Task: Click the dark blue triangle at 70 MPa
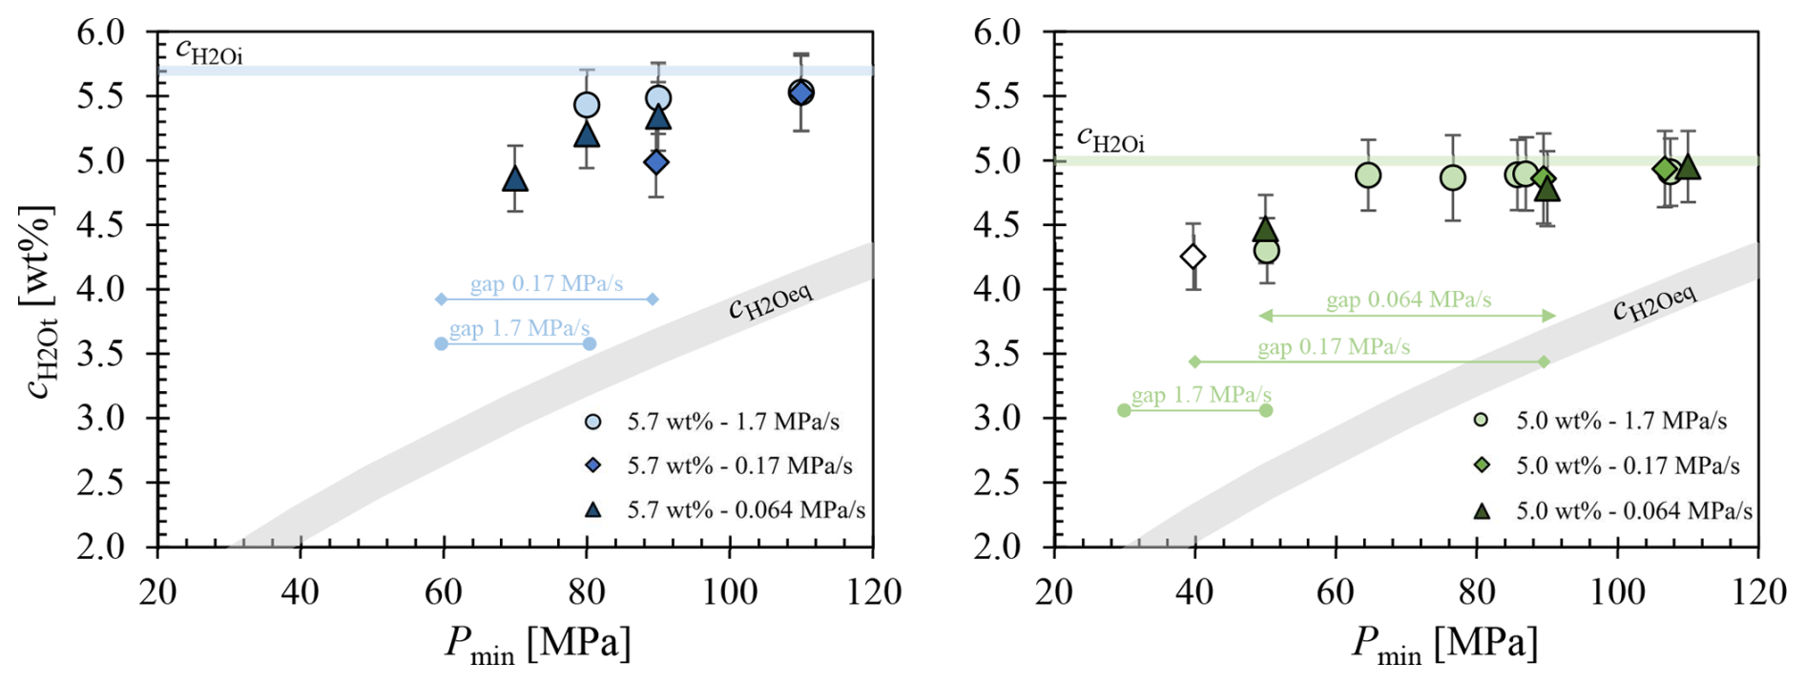(515, 178)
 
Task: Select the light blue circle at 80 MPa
(587, 105)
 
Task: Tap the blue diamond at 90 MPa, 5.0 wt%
(656, 162)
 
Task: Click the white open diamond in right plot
(1193, 257)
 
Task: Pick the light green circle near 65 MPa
(1368, 176)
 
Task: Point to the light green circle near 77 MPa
(1452, 177)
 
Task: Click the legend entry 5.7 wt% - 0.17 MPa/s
(720, 466)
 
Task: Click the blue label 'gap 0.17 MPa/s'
(547, 283)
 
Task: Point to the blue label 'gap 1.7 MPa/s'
(519, 328)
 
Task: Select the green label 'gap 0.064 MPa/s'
(1408, 300)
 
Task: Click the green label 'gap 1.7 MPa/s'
(1201, 395)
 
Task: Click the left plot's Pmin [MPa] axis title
(537, 645)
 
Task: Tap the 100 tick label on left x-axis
(730, 592)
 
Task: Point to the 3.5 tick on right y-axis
(997, 354)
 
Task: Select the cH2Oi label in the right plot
(1110, 139)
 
